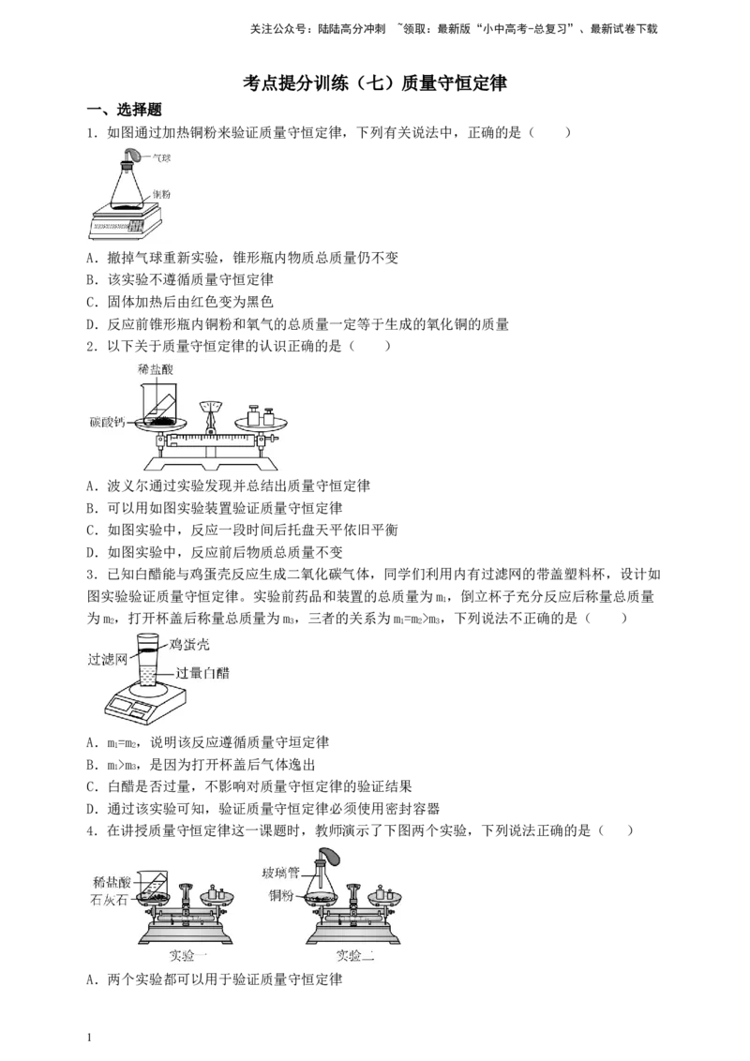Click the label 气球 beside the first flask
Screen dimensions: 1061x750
(x=161, y=159)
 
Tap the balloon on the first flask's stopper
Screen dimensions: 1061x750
(x=134, y=154)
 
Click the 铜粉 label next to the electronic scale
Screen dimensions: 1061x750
(x=161, y=194)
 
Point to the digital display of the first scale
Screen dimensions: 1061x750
(x=112, y=226)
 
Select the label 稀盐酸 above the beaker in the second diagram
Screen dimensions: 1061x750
(x=155, y=370)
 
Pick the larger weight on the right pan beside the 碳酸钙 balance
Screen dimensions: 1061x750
(x=254, y=415)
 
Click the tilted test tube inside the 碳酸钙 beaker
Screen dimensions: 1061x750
(x=167, y=408)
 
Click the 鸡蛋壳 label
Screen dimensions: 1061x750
(x=189, y=644)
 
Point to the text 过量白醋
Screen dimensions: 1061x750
(x=202, y=673)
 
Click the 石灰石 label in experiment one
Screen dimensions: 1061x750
(x=111, y=897)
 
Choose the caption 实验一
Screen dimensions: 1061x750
(x=188, y=956)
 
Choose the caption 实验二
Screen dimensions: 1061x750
(x=355, y=956)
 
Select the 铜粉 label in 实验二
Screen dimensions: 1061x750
(x=281, y=896)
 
